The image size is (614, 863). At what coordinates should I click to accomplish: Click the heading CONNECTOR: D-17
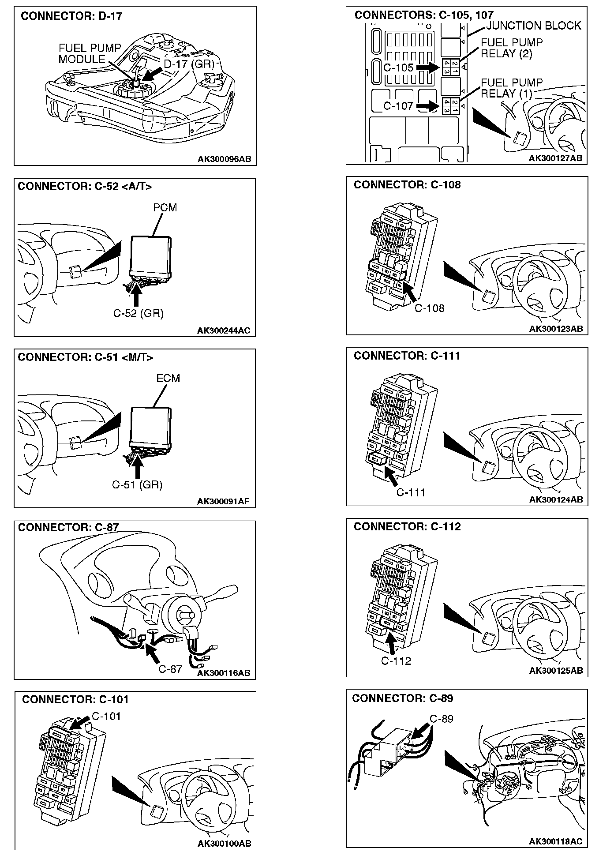pos(71,16)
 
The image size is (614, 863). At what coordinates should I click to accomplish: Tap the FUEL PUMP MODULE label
pos(90,54)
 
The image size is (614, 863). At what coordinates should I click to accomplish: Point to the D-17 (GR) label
pos(189,64)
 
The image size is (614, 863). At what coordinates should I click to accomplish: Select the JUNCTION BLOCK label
pos(534,26)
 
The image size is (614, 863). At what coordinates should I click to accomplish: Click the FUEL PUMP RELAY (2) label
pos(512,49)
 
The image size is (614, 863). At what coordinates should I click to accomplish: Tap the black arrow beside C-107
pos(427,106)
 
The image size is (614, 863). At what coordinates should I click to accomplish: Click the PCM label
pos(165,208)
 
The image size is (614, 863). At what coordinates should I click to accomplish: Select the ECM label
pos(168,379)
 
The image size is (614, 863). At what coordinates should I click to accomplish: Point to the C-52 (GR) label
pos(138,314)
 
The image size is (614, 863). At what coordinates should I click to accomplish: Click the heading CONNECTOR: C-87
pos(68,528)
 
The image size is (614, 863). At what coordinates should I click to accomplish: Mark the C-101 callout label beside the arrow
pos(106,716)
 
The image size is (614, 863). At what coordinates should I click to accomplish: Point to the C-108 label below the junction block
pos(429,308)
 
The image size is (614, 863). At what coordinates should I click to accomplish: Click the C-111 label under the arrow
pos(410,493)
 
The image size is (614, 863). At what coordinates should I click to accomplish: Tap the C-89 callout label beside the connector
pos(442,719)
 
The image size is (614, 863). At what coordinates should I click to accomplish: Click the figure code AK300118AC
pos(555,842)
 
